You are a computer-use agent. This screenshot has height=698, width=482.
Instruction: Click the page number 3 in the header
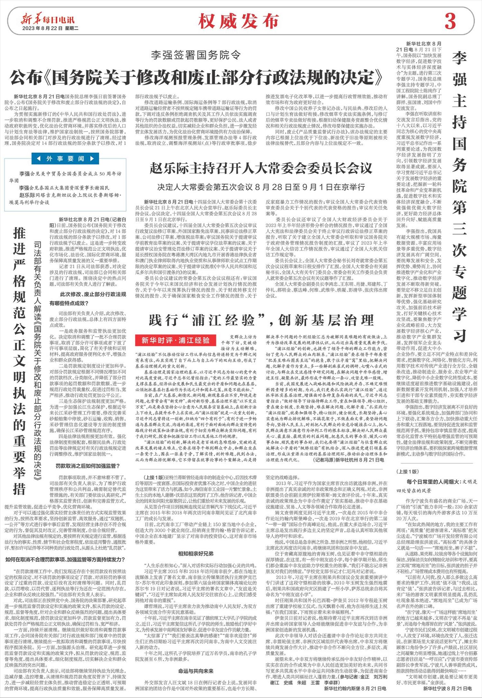pos(450,21)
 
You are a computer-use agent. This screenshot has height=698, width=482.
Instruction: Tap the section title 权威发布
pos(238,22)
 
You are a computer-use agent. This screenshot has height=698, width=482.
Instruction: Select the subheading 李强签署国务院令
pos(196,55)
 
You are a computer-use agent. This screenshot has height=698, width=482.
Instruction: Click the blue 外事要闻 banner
pos(65,159)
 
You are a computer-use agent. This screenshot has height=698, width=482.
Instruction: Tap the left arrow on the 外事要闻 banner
pos(39,159)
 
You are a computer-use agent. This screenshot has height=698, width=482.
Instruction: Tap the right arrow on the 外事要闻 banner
pos(92,159)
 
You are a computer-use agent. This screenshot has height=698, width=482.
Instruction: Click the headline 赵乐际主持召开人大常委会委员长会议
pos(261,168)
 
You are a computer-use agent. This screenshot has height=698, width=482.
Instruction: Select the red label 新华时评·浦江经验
pos(176,340)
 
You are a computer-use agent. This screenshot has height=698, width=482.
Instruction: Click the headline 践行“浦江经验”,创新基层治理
pos(261,320)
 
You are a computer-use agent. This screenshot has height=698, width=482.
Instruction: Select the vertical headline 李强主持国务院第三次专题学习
pos(460,196)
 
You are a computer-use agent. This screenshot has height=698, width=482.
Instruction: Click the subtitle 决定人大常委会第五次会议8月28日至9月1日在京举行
pos(261,187)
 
